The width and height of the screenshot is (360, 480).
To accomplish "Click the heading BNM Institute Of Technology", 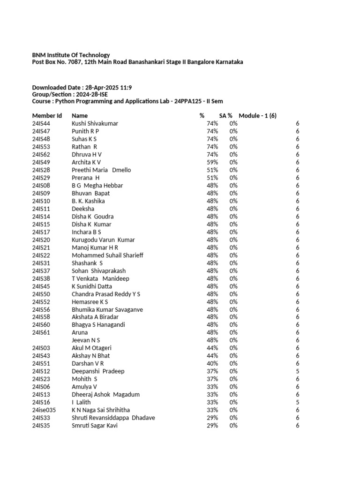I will point(71,55).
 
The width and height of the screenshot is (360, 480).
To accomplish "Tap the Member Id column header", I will point(47,115).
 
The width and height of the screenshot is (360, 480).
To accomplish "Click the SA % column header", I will point(226,115).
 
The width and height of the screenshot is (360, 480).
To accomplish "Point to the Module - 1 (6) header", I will point(257,115).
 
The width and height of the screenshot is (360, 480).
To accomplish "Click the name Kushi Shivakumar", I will point(95,123).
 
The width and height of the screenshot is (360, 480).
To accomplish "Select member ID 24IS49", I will point(41,162).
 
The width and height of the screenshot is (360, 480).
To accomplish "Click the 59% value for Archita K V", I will point(212,162).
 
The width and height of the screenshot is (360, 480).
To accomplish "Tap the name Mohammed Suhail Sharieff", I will point(107,255).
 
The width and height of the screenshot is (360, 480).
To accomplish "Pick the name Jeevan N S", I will point(86,340).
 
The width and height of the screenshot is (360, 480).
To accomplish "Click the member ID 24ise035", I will point(44,410).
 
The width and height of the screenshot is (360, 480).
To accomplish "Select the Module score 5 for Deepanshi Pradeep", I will point(297,371).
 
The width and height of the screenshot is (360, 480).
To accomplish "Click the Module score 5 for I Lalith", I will point(297,402).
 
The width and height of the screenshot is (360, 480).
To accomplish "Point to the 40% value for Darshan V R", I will point(212,363).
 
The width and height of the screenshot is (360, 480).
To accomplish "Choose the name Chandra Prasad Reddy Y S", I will point(106,294).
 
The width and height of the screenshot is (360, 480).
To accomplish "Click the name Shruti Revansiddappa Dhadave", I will point(113,418).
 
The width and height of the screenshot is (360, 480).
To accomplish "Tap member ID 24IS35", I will point(41,426).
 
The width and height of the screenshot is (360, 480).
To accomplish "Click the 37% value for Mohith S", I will point(212,379).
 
